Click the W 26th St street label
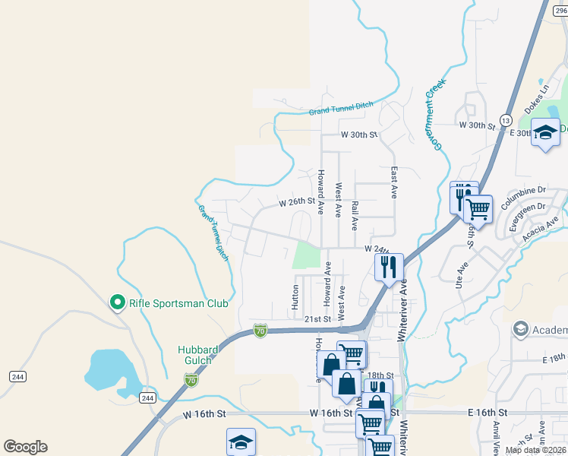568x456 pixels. (297, 202)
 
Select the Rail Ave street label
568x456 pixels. (355, 216)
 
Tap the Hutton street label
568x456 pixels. (295, 297)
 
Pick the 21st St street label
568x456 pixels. (318, 320)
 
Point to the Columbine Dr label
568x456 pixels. (523, 191)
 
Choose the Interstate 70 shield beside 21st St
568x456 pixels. (260, 330)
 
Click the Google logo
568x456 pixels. (25, 447)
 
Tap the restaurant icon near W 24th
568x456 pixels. (388, 267)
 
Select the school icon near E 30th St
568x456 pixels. (545, 133)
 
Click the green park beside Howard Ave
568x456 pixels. (305, 255)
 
